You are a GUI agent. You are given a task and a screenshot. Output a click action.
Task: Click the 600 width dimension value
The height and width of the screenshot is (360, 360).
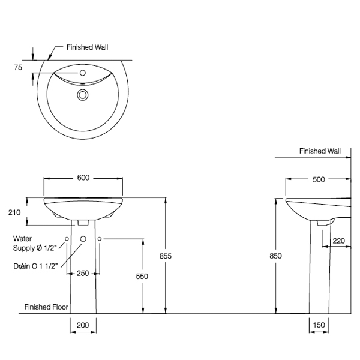[83, 178]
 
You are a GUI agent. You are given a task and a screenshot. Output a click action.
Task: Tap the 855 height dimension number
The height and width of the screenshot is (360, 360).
[166, 256]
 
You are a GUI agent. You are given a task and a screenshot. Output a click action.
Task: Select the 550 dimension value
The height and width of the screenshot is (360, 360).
[142, 276]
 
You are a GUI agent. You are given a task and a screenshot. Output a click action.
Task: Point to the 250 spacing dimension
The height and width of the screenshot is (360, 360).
[83, 273]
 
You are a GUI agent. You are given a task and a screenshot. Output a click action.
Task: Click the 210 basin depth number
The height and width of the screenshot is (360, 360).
[14, 212]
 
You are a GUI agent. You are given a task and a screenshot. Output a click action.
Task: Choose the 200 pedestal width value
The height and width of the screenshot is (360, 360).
[83, 325]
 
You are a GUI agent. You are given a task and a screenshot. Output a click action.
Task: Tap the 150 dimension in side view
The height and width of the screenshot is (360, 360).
[319, 325]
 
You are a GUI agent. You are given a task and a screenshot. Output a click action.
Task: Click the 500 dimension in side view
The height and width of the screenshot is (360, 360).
[319, 179]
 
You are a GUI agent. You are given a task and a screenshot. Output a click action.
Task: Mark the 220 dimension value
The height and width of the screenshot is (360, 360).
[339, 241]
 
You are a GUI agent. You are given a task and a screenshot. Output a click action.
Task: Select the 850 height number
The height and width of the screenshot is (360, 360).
[275, 256]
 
